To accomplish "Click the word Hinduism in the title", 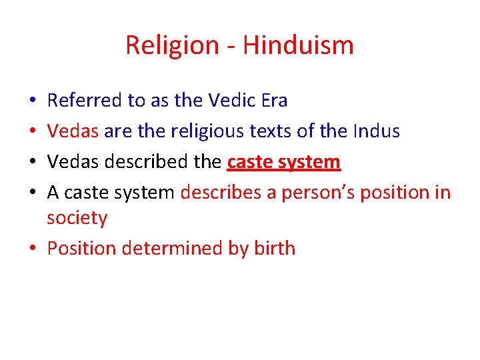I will [x=298, y=45].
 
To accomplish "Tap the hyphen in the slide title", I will [x=231, y=47].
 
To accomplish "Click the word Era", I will [x=274, y=101].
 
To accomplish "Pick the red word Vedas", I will [x=73, y=131].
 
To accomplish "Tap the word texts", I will [x=274, y=131].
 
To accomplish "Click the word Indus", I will [x=377, y=131].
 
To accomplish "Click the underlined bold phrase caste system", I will [x=284, y=162].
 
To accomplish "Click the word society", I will [x=77, y=218].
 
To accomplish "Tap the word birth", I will [x=274, y=249].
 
